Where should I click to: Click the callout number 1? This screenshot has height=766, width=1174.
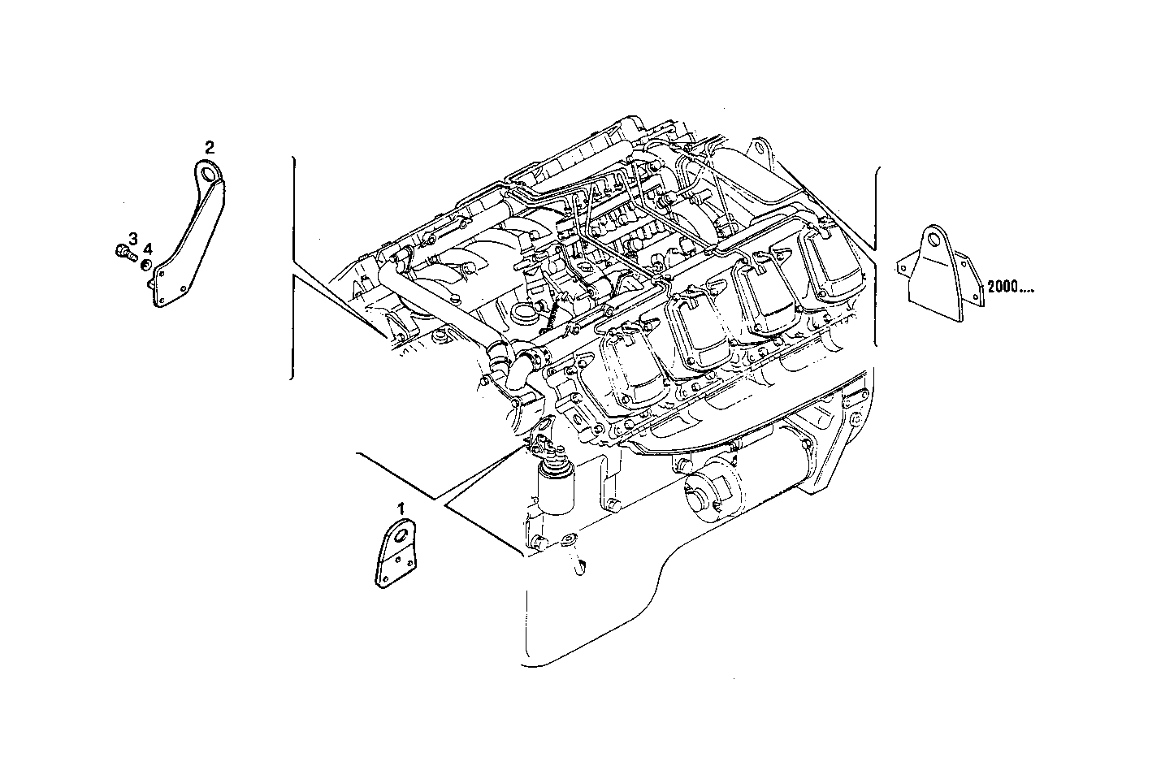401,509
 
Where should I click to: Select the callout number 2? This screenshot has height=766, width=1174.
210,147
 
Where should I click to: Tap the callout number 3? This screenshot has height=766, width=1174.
133,237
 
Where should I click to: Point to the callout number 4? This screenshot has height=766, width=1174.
148,249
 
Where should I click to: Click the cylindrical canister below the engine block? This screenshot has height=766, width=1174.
555,491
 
